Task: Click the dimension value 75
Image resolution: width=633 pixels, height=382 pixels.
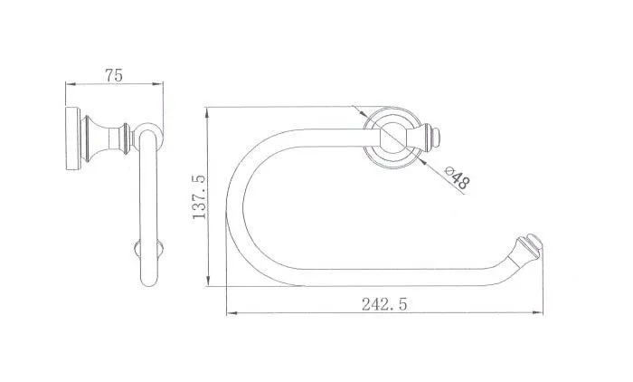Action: click(113, 75)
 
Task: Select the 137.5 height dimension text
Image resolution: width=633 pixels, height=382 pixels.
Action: click(199, 197)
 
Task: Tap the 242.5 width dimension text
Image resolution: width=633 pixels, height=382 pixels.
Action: click(384, 304)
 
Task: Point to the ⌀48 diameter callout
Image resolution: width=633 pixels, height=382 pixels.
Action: click(458, 177)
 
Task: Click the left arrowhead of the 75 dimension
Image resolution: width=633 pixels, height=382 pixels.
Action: click(71, 84)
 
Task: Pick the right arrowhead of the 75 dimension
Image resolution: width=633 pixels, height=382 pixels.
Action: click(158, 84)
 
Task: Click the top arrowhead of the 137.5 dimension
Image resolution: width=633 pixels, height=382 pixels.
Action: click(207, 113)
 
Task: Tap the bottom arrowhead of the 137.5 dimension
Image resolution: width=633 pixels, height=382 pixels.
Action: click(208, 281)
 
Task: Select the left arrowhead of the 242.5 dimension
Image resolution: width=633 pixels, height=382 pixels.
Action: click(231, 313)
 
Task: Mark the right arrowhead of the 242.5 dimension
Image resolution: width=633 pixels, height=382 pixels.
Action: click(537, 313)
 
